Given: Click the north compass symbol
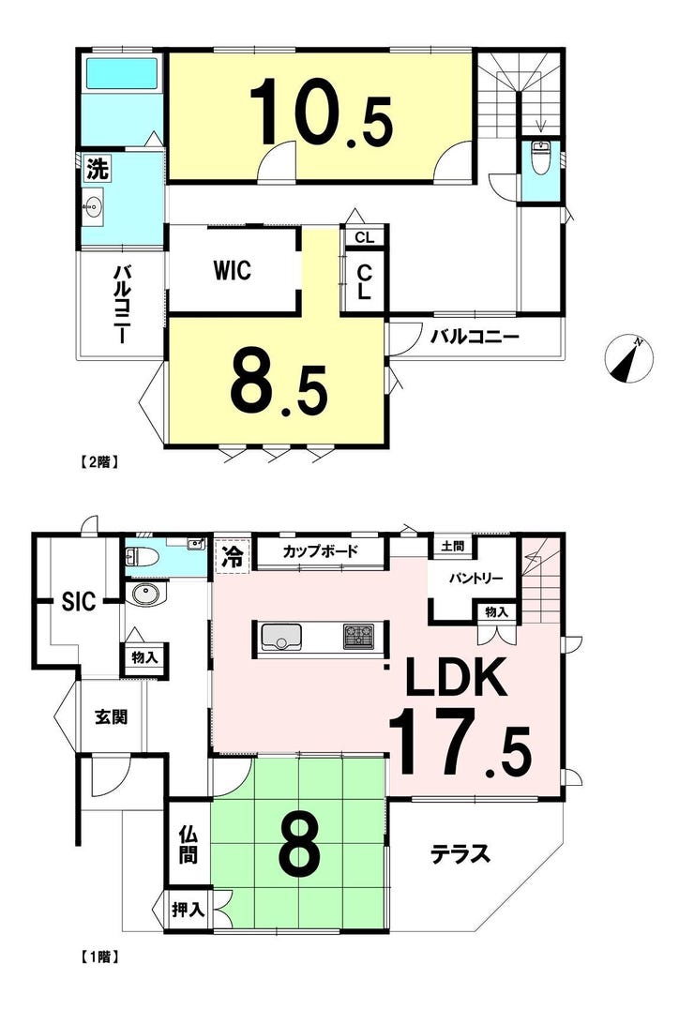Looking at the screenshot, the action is point(629,358).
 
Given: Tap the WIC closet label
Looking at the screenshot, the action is point(233,270).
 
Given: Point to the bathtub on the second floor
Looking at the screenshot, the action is point(122,74).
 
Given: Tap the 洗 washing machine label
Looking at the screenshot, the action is point(98,169).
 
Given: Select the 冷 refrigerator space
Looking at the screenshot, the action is point(232,555).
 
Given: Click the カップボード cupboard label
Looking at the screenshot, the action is point(320,550).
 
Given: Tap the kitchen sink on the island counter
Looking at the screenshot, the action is point(280,637).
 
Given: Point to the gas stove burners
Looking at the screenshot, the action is point(358,637).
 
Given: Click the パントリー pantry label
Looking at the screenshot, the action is point(475,578).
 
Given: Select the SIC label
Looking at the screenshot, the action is point(79,601).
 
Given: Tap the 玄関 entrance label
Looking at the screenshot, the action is point(112,716).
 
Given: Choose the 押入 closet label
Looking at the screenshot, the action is point(188,910).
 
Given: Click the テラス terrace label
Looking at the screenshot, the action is point(460,854).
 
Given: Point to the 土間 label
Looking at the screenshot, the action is point(452,547).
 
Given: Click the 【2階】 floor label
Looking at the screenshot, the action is point(99,461).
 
